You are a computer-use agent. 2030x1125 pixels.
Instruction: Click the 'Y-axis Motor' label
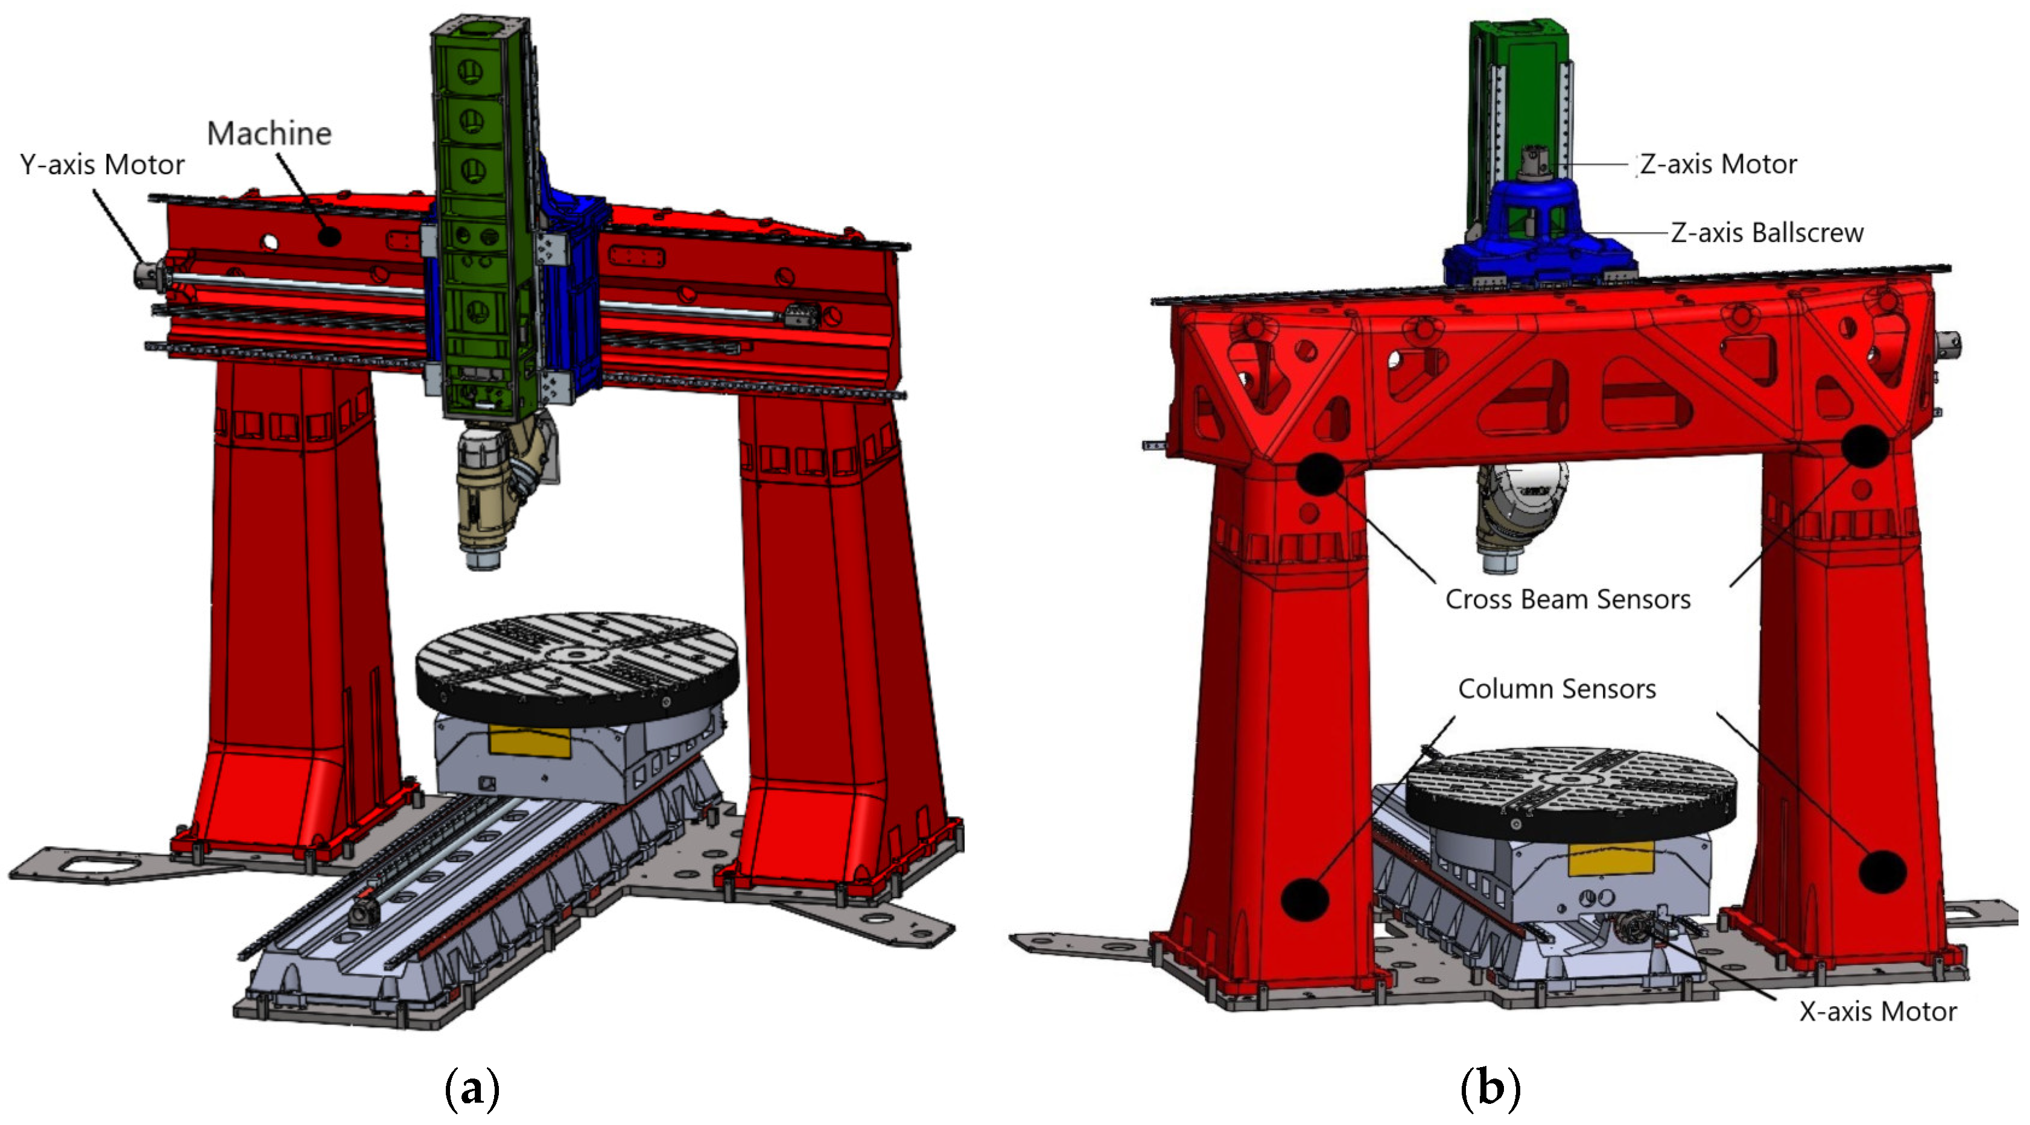[103, 165]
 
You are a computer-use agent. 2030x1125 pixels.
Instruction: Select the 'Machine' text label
[270, 134]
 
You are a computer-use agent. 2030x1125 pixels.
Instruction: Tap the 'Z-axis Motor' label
[1719, 164]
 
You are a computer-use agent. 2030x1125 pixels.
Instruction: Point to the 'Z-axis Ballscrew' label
[1768, 232]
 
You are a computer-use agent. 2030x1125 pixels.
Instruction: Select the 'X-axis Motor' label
[1878, 1012]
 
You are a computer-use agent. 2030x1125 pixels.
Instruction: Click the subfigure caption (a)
[472, 1089]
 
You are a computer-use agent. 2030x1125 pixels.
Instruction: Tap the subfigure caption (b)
[1490, 1089]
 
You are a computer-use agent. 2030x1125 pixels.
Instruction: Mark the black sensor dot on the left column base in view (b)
[1305, 899]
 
